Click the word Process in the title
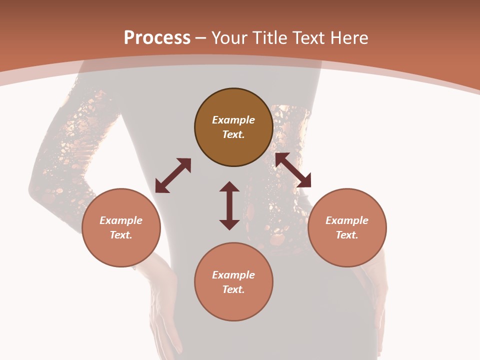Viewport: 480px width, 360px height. [x=157, y=38]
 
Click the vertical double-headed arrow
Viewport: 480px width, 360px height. [x=229, y=205]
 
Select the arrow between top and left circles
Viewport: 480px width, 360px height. [x=173, y=175]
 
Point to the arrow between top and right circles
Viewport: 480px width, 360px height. [x=293, y=170]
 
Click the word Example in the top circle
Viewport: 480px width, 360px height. [x=233, y=120]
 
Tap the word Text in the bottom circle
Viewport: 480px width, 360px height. [x=233, y=289]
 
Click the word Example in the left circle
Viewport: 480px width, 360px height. [x=121, y=220]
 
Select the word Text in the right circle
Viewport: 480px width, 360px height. [x=346, y=235]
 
